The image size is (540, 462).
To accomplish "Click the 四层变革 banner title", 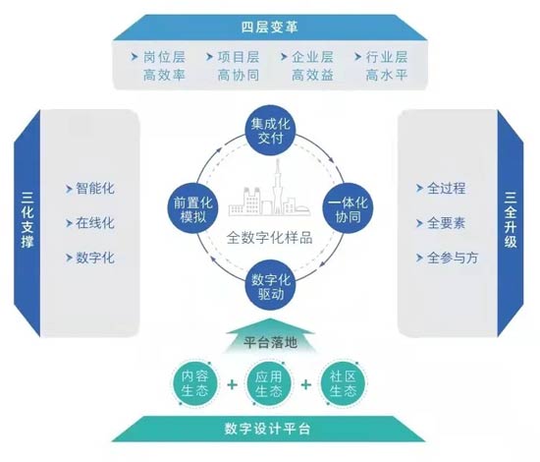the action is (x=269, y=27).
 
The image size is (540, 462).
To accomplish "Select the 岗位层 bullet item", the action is (x=164, y=57).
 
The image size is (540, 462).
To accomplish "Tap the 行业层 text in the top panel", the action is (x=387, y=57).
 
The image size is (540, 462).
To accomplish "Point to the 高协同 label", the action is (x=239, y=75).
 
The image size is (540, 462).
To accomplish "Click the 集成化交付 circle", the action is (x=271, y=131).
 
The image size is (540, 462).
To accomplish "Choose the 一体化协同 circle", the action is (x=348, y=209).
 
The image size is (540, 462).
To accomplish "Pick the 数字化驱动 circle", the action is (x=271, y=285).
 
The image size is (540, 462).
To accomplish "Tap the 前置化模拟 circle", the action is (x=192, y=209).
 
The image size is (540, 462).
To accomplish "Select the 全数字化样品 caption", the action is (x=270, y=238).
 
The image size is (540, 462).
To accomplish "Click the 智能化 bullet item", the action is (x=94, y=189).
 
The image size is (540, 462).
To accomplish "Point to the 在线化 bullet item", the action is (x=94, y=223).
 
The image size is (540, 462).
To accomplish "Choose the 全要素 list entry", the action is (x=446, y=223).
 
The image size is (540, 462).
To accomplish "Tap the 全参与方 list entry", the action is (x=453, y=258).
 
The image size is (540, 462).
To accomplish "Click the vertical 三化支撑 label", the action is (x=27, y=219).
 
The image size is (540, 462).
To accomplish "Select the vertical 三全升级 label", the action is (x=511, y=219).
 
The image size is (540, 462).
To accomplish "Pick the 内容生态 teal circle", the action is (x=195, y=383).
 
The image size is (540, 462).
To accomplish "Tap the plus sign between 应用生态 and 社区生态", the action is (x=306, y=384).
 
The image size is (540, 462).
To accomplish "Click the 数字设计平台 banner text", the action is (x=268, y=429).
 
